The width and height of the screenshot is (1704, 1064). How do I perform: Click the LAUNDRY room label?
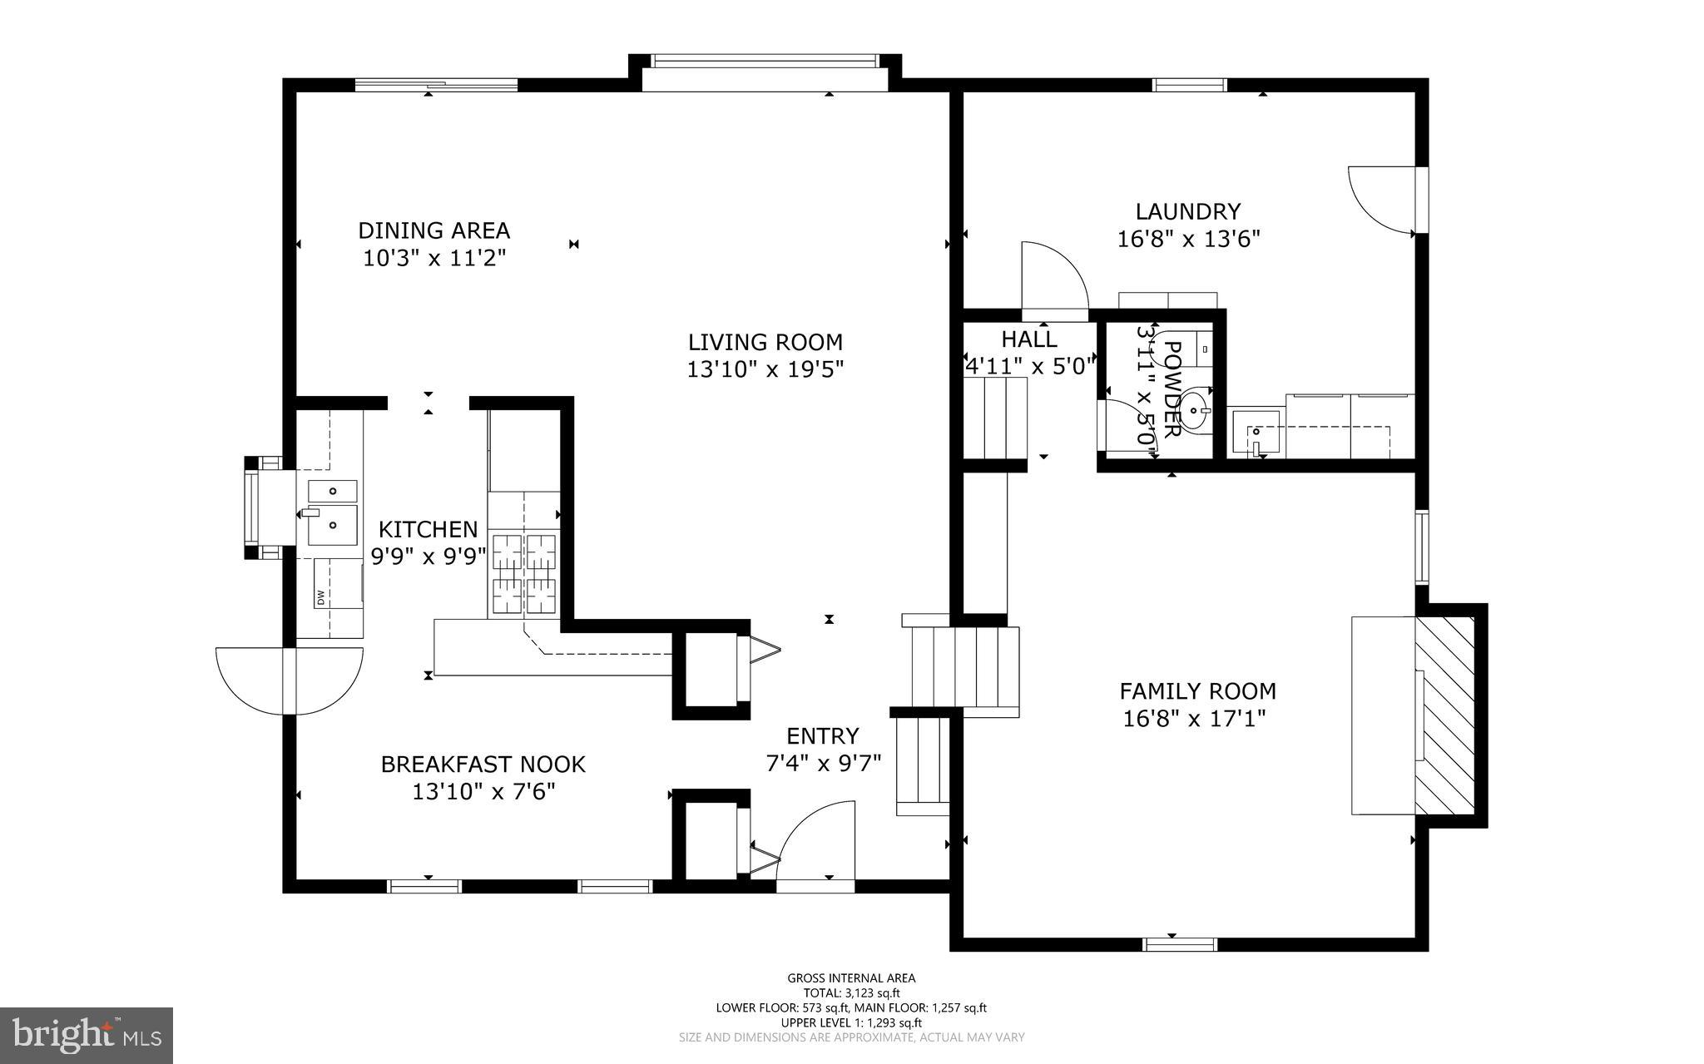click(x=1188, y=211)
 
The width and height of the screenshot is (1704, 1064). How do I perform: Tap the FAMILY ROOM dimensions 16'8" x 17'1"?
click(x=1195, y=719)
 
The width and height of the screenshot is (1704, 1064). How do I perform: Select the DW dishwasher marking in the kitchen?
click(x=320, y=596)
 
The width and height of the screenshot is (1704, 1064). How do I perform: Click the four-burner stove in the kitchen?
click(x=524, y=574)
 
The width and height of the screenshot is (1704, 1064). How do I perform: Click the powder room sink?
click(x=1194, y=410)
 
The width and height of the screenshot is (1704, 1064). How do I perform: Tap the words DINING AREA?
click(x=433, y=230)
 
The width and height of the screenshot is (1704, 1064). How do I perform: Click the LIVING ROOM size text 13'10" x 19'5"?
click(x=765, y=369)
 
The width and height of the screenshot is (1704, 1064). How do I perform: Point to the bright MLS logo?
click(x=86, y=1035)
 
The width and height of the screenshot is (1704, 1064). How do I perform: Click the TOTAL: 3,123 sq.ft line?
click(x=851, y=992)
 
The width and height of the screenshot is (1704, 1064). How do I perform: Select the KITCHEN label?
click(x=428, y=529)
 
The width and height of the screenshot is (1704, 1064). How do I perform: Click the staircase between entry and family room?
click(x=965, y=666)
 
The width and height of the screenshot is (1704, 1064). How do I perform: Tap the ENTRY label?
click(x=822, y=735)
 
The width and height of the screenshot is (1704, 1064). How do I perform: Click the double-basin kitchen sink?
click(x=333, y=509)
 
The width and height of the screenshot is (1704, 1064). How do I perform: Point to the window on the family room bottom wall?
click(x=1180, y=943)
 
